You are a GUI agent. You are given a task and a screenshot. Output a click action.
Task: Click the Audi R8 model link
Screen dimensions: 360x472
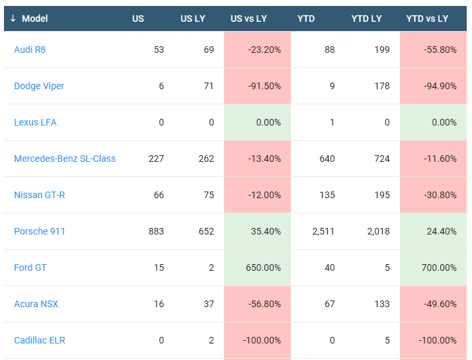[30, 50]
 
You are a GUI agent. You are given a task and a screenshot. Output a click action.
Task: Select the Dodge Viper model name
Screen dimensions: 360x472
[39, 86]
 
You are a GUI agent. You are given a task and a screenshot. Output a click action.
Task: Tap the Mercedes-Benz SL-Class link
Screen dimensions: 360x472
[65, 159]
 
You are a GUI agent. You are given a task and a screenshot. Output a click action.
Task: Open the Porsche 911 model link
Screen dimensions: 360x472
[40, 231]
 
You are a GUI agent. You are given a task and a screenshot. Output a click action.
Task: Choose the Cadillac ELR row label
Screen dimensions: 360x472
[40, 340]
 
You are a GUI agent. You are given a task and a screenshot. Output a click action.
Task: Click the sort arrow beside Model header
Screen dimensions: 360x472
[13, 18]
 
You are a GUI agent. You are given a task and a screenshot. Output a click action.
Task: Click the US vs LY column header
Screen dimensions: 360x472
[249, 18]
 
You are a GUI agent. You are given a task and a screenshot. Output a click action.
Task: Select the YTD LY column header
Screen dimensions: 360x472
[366, 18]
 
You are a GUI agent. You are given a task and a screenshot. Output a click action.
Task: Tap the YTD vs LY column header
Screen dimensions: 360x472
[427, 18]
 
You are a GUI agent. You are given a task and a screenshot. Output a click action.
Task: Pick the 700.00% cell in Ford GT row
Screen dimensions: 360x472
[439, 268]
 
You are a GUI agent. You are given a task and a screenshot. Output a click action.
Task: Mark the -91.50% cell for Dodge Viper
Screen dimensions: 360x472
[265, 86]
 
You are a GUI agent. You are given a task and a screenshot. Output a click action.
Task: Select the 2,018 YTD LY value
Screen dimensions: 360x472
[378, 231]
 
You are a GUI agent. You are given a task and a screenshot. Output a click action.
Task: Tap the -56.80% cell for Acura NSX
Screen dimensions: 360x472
[265, 304]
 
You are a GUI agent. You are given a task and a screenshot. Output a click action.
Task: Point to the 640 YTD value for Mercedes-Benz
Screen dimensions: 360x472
[327, 159]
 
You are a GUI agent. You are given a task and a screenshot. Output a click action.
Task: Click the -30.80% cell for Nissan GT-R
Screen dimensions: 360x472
[440, 195]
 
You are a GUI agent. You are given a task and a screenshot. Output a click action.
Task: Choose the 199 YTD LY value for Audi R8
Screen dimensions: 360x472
[381, 50]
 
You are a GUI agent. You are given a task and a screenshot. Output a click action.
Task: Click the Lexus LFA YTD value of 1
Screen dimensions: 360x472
[332, 122]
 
